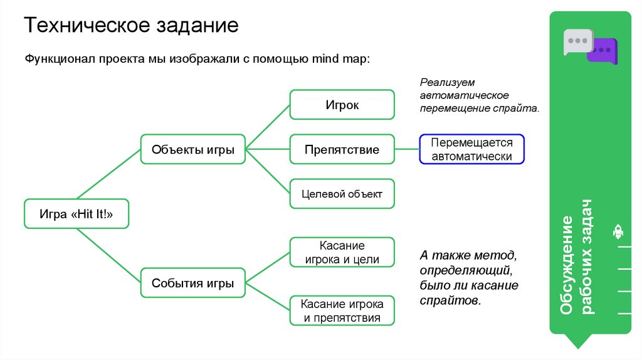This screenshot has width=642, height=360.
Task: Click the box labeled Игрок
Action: (x=342, y=105)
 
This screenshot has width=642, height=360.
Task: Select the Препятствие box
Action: (x=342, y=150)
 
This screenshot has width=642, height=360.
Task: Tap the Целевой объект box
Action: (x=342, y=194)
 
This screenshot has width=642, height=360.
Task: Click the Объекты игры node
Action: (x=193, y=150)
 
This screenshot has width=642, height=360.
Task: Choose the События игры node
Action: (x=193, y=283)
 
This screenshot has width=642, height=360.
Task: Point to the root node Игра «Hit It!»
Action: (x=76, y=214)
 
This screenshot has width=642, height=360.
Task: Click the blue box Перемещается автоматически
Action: (x=471, y=150)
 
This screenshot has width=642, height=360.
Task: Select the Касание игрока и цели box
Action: (x=342, y=253)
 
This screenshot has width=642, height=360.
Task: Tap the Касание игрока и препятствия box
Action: (x=342, y=310)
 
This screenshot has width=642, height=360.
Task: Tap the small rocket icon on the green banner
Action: (x=618, y=232)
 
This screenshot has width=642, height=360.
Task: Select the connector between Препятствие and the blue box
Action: (x=407, y=149)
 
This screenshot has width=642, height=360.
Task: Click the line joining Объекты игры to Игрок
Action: (x=267, y=127)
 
